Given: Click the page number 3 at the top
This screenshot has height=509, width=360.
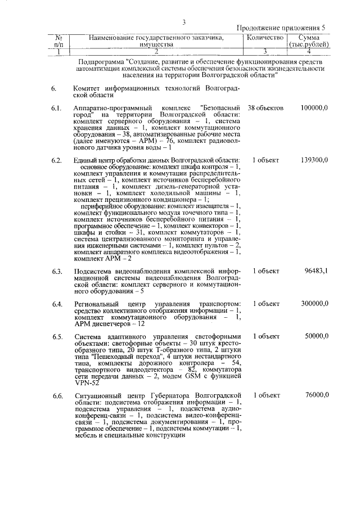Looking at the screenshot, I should pos(183,22).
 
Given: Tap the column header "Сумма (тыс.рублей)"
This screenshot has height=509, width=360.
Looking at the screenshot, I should pos(309,40).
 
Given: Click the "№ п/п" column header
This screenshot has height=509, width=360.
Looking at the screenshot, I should pos(58,40).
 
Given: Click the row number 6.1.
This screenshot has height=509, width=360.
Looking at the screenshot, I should pos(56,107).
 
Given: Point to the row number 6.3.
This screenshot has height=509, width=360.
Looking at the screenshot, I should pos(56,271).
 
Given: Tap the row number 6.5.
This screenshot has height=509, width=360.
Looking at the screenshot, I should pos(56,336).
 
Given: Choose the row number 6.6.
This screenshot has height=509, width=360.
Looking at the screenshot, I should pos(56,396).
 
